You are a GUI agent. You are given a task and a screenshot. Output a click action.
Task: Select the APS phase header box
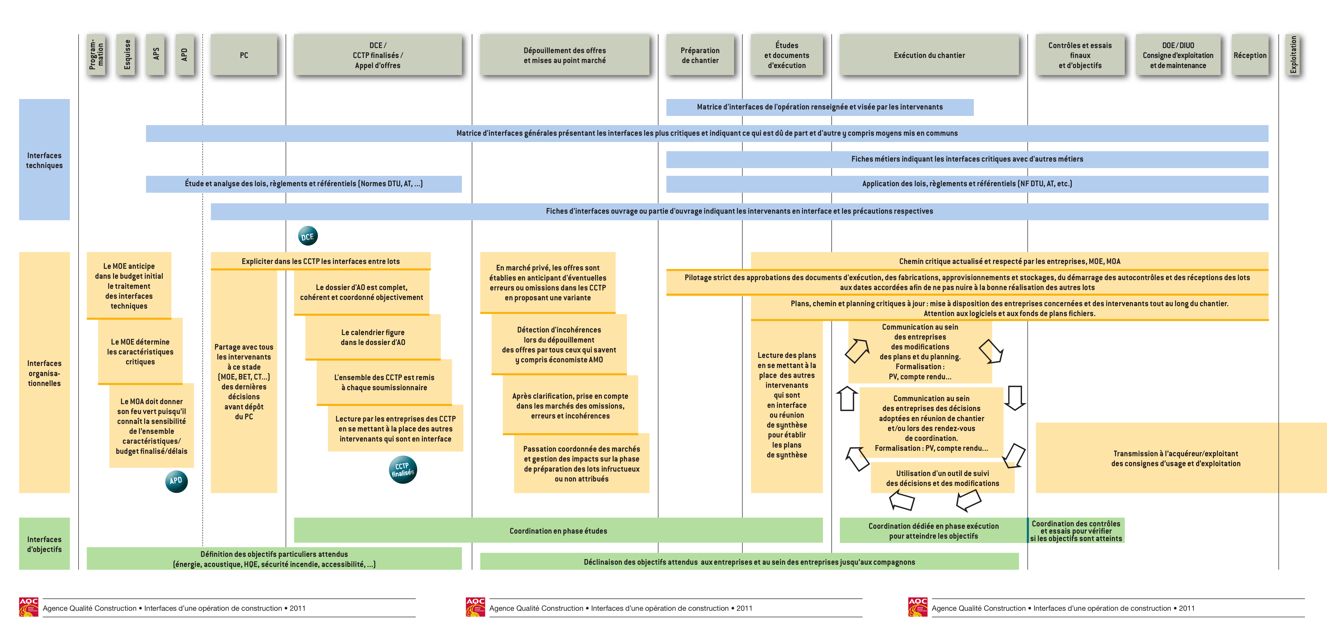pyautogui.click(x=156, y=55)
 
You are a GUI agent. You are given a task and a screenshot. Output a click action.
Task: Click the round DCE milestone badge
pyautogui.click(x=308, y=236)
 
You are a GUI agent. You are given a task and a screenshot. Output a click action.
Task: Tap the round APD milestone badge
pyautogui.click(x=176, y=481)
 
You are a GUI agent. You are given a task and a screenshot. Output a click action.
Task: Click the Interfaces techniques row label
pyautogui.click(x=44, y=160)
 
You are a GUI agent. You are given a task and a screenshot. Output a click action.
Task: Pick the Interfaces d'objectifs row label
pyautogui.click(x=44, y=544)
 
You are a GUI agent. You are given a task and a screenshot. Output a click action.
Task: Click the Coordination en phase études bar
pyautogui.click(x=558, y=530)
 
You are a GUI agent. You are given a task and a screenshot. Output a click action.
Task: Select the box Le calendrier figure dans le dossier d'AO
pyautogui.click(x=373, y=337)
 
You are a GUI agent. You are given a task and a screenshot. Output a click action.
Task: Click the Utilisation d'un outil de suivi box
pyautogui.click(x=943, y=478)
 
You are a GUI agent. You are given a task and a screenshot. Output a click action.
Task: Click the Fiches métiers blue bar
pyautogui.click(x=967, y=159)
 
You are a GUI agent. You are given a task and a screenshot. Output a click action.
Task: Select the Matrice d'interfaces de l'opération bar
pyautogui.click(x=820, y=107)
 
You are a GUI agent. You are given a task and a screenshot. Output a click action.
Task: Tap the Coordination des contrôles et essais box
pyautogui.click(x=1076, y=530)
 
